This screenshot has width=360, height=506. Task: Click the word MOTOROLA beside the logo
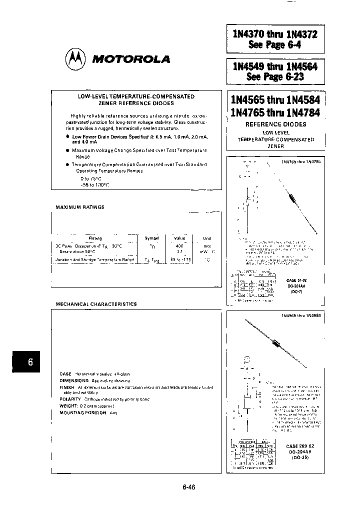coord(131,59)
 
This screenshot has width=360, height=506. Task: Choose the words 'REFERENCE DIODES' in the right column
coord(275,124)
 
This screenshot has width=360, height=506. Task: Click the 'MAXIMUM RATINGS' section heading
coord(80,207)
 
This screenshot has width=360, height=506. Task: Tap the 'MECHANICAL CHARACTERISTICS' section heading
coord(96,304)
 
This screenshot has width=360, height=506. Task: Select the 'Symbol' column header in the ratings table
coord(152,238)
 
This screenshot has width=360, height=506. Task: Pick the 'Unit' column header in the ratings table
coord(207,238)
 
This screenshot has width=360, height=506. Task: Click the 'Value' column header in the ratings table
coord(179,238)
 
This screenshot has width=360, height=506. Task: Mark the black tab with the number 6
coord(30,362)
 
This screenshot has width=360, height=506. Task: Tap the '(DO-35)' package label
coord(300,457)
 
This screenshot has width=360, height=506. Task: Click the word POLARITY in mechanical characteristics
coord(70,399)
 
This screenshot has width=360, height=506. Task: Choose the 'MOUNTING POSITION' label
coord(82,413)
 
